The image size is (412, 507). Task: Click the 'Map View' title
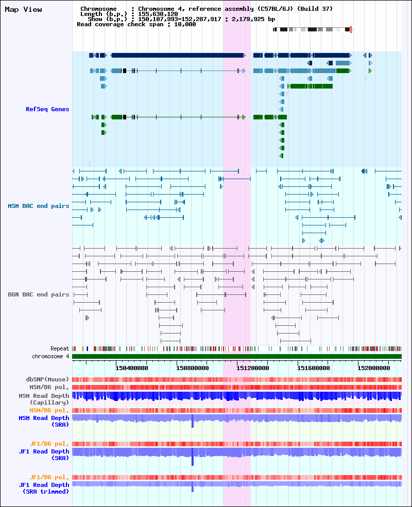(23, 9)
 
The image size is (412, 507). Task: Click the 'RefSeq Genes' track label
(47, 109)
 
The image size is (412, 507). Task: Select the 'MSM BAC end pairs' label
(39, 206)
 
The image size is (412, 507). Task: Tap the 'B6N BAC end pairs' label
(39, 294)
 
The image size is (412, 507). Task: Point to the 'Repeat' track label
(60, 348)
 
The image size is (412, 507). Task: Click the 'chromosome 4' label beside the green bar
(50, 356)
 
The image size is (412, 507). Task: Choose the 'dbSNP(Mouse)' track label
(47, 379)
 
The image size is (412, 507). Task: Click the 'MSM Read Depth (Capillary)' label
(44, 399)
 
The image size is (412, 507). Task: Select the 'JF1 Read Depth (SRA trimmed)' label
(44, 488)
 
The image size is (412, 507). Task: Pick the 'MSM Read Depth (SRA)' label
(44, 421)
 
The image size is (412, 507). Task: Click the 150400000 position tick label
(132, 368)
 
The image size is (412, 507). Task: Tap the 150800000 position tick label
(193, 368)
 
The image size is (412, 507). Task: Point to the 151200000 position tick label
(252, 368)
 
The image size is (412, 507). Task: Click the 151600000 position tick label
(313, 368)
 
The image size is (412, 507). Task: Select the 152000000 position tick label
(374, 368)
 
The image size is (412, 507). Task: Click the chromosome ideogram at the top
(312, 29)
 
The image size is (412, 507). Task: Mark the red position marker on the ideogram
(351, 29)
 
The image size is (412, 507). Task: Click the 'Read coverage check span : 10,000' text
(136, 24)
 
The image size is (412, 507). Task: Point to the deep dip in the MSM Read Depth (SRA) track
(193, 422)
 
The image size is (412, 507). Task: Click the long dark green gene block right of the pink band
(312, 86)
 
